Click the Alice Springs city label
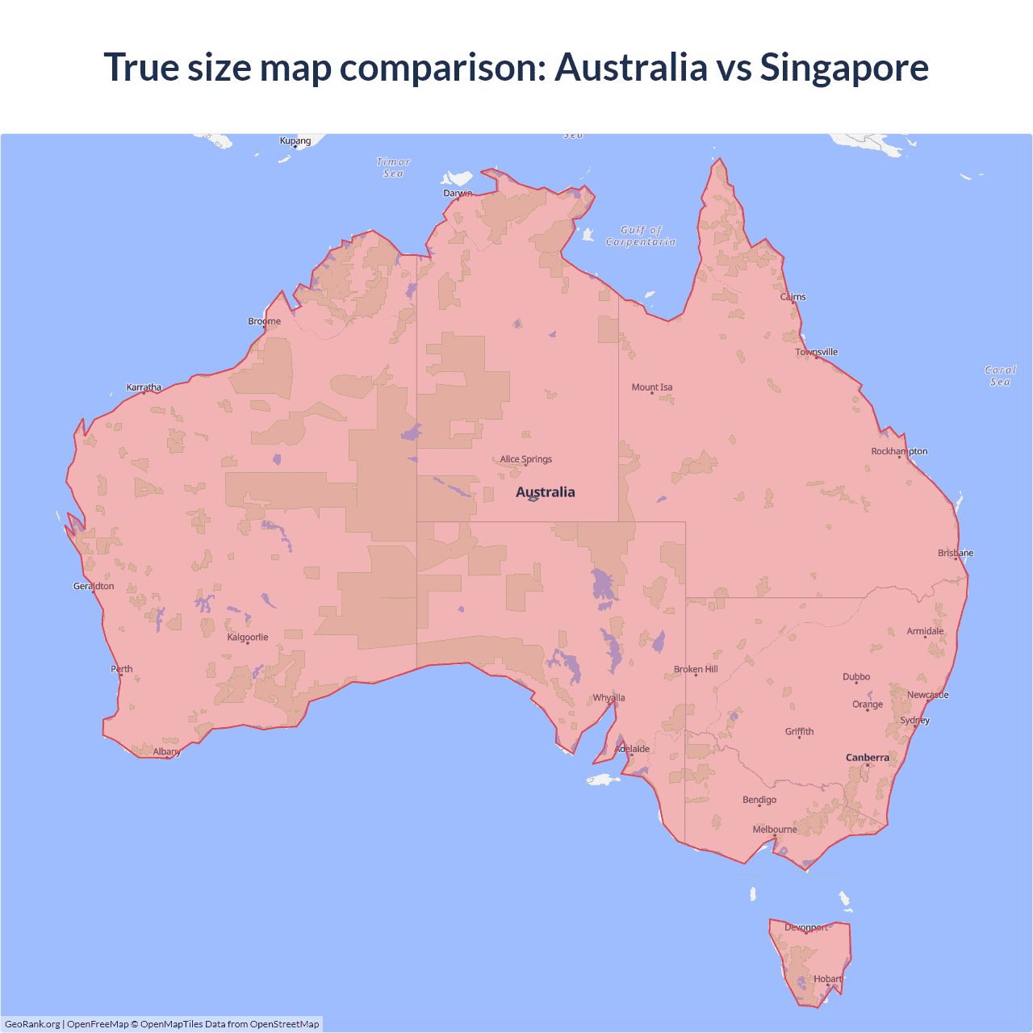coord(525,459)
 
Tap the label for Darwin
coord(458,193)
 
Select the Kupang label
coord(295,140)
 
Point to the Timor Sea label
coord(393,168)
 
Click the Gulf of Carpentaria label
coord(641,236)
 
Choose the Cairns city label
coord(793,296)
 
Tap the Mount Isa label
coord(651,387)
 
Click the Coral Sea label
coord(1000,376)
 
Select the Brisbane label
coord(956,553)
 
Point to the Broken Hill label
coord(696,669)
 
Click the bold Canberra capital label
coord(868,757)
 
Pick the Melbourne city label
coord(774,829)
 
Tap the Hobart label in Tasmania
coord(827,979)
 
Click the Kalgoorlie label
coord(247,637)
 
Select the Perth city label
coord(122,668)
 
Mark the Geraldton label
coord(94,586)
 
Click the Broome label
coord(264,320)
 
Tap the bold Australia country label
coord(546,491)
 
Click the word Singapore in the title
coord(844,67)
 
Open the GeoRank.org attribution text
coord(32,1024)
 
